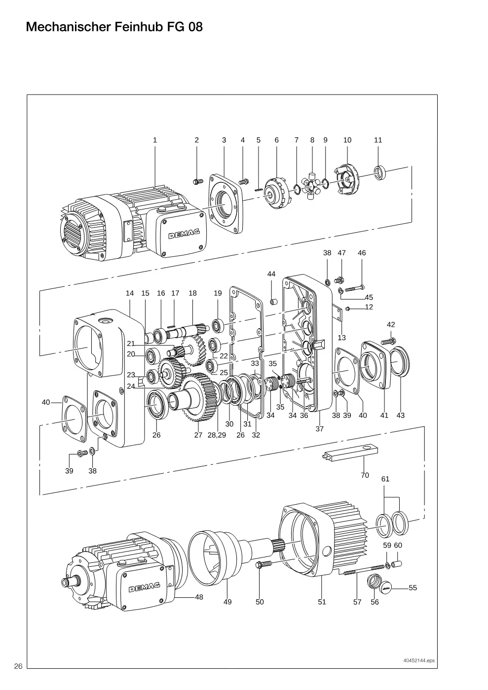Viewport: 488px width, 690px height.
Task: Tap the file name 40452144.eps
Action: tap(419, 660)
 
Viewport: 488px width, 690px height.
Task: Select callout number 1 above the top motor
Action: tap(155, 140)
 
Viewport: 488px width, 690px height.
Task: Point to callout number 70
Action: tap(365, 475)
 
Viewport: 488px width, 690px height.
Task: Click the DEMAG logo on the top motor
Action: tap(184, 234)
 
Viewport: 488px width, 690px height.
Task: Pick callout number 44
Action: tap(271, 274)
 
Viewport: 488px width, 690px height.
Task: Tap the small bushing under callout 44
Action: tap(273, 301)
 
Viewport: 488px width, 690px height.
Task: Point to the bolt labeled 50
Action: tap(263, 564)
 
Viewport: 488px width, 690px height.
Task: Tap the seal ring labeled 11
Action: tap(380, 172)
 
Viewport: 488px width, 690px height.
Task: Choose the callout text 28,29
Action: tap(217, 435)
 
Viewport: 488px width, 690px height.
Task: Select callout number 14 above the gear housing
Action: tap(130, 293)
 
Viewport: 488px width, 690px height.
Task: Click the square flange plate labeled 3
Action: tap(226, 203)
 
